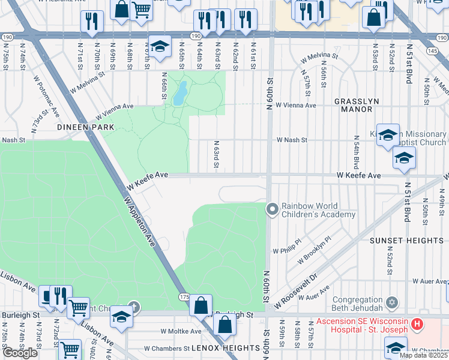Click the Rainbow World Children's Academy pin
click(x=272, y=209)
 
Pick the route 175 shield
click(x=185, y=297)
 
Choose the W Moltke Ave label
click(x=181, y=331)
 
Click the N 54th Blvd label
click(x=356, y=152)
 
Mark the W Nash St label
click(x=292, y=140)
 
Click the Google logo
click(x=20, y=353)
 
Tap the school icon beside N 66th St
click(x=160, y=47)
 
